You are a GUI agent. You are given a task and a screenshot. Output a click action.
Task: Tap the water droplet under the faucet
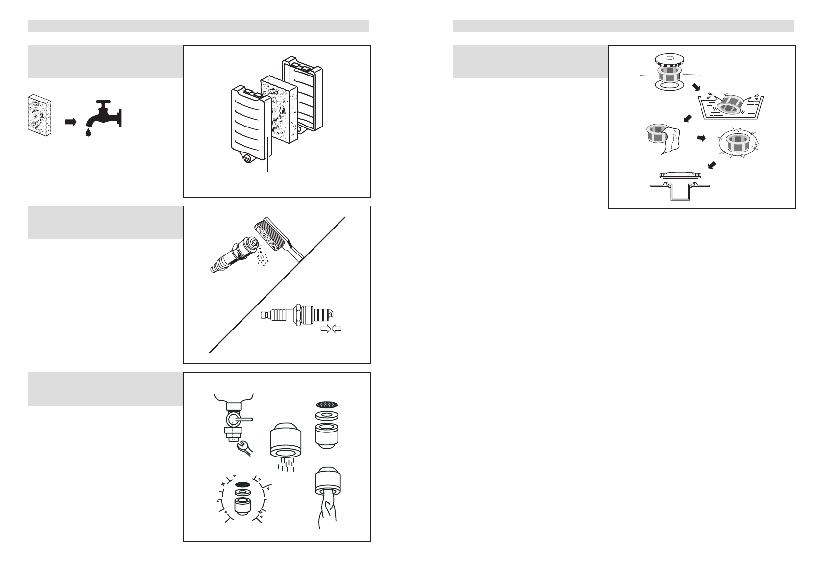point(88,133)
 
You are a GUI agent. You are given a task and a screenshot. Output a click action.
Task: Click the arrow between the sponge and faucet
point(71,123)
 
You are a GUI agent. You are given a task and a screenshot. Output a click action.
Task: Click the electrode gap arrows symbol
point(331,329)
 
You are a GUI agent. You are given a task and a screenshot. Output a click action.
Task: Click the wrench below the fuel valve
point(243,447)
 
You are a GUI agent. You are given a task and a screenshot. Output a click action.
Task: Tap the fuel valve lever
point(240,420)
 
